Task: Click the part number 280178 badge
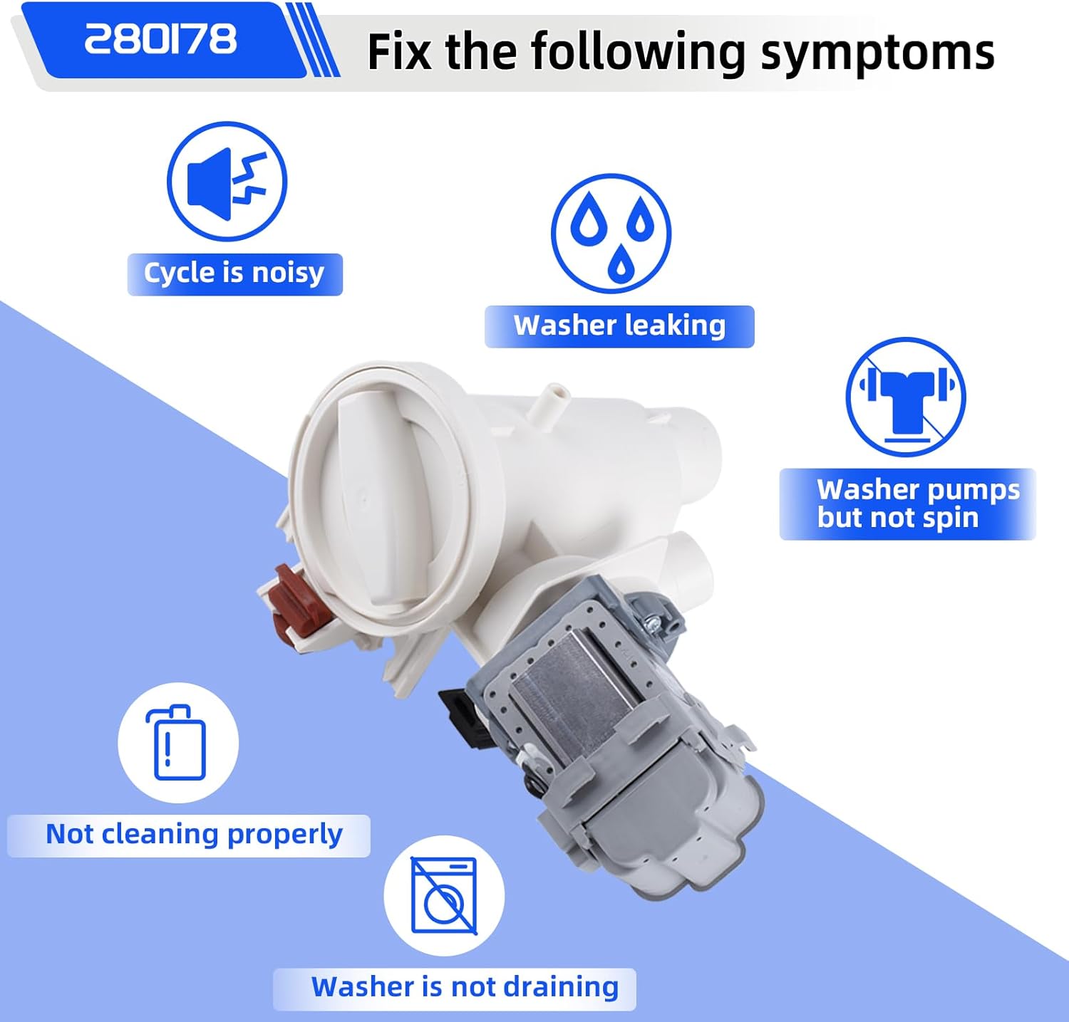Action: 161,39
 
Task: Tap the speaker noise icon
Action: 227,182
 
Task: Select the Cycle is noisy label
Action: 234,273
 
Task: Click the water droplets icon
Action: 611,233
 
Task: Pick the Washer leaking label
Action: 619,326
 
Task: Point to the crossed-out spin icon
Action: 905,397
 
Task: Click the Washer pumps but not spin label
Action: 907,504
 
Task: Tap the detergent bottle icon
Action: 178,743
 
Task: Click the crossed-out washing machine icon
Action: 444,895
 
